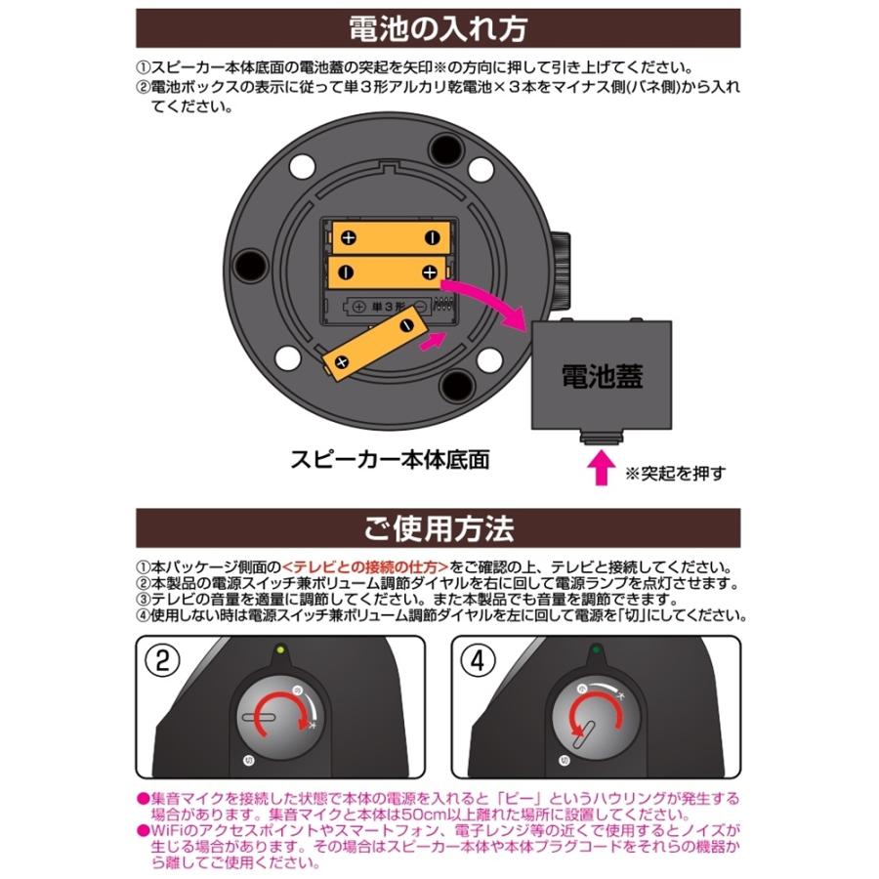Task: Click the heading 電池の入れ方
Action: pyautogui.click(x=439, y=28)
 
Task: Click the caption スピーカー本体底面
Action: pyautogui.click(x=390, y=457)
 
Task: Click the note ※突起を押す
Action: pyautogui.click(x=676, y=474)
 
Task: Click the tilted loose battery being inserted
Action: pyautogui.click(x=369, y=349)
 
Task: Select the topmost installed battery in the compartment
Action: pyautogui.click(x=389, y=236)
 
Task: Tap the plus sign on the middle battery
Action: pyautogui.click(x=429, y=271)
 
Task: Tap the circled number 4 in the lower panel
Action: pyautogui.click(x=478, y=660)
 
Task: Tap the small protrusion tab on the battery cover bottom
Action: pyautogui.click(x=602, y=435)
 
